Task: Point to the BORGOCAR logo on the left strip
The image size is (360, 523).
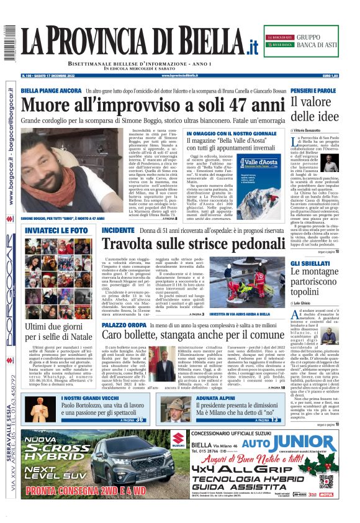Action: pyautogui.click(x=11, y=304)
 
